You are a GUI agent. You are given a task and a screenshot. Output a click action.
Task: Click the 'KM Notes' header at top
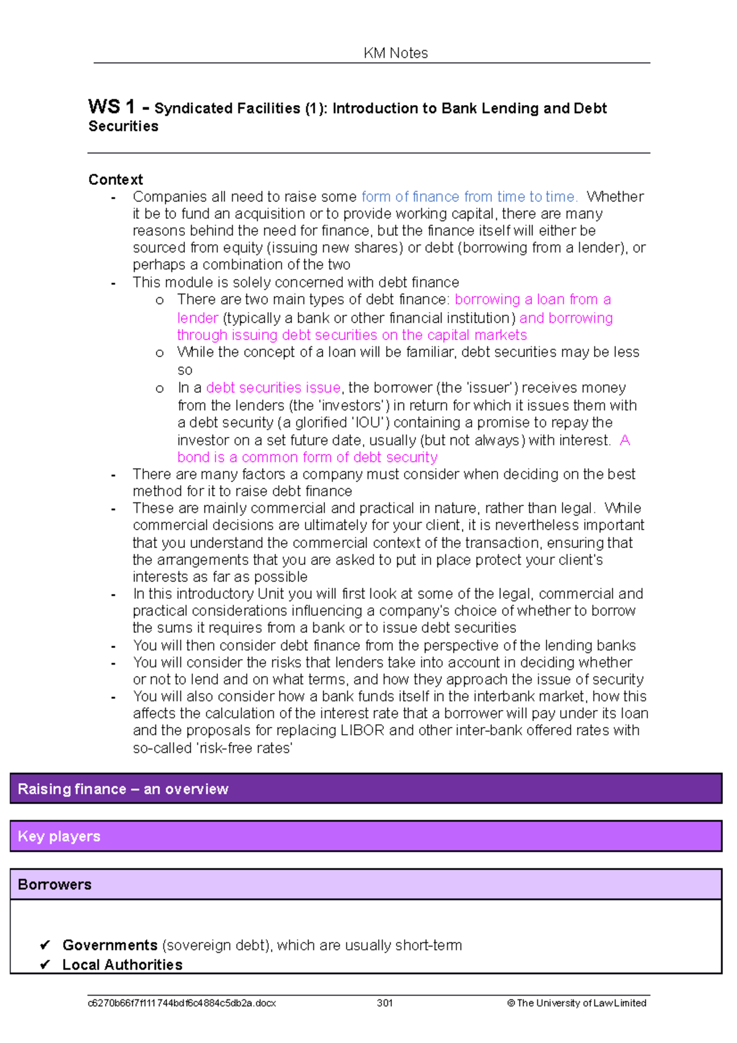[396, 53]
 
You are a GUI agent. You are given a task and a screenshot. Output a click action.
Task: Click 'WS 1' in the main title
[111, 107]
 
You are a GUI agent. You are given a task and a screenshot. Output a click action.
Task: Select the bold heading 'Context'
[115, 179]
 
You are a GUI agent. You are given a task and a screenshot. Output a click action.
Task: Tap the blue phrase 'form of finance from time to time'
[469, 197]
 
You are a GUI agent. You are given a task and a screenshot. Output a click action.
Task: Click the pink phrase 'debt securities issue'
[273, 388]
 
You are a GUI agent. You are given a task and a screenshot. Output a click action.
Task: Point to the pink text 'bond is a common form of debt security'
[307, 457]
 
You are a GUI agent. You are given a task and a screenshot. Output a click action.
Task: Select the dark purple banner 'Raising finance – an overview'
[123, 789]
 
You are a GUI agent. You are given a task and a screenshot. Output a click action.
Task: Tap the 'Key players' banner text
[59, 836]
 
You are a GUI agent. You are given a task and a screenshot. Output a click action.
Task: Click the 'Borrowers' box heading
[55, 884]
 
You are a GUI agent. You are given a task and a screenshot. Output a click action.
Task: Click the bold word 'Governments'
[110, 945]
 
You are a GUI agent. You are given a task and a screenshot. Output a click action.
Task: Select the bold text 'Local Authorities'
[122, 964]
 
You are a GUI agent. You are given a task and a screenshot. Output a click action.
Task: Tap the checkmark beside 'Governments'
[45, 945]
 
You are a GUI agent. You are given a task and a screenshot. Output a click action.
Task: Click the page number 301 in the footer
[384, 1003]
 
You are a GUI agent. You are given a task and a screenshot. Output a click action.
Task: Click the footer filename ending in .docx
[182, 1003]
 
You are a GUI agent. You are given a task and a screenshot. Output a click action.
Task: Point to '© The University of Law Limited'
[576, 1003]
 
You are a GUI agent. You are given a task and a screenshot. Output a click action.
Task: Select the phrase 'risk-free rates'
[244, 748]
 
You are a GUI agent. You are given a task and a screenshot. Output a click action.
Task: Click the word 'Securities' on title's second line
[123, 126]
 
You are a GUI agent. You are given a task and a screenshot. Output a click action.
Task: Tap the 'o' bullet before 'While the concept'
[160, 353]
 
